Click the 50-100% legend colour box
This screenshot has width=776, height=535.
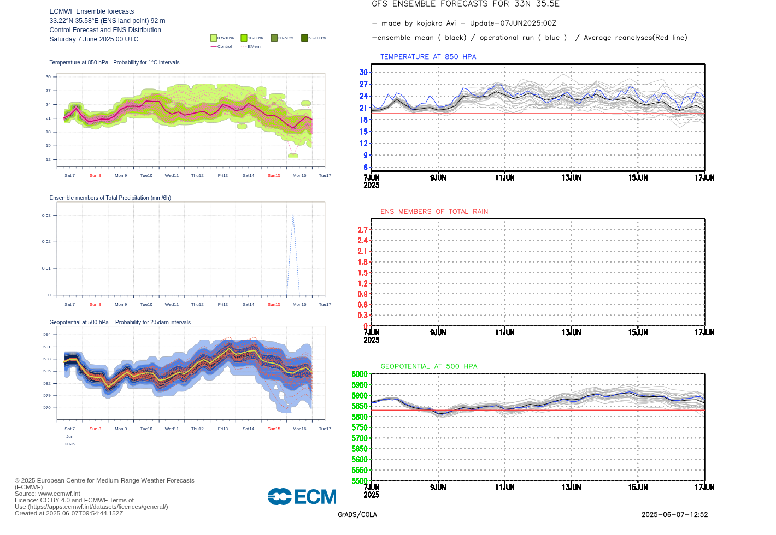pos(304,38)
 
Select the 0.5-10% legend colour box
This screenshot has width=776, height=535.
pos(214,38)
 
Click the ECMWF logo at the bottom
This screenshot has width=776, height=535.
pos(302,497)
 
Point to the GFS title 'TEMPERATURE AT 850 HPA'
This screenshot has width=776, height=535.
pos(428,57)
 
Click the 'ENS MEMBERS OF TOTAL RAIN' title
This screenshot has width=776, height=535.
pos(434,212)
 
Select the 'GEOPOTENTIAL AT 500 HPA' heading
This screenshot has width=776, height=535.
pos(428,367)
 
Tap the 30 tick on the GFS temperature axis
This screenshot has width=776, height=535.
pos(363,73)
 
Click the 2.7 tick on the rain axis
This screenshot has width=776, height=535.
pos(362,230)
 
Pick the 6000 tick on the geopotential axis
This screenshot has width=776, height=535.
pos(360,374)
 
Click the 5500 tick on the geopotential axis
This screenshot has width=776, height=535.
pos(360,481)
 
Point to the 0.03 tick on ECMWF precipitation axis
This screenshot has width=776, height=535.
pos(46,216)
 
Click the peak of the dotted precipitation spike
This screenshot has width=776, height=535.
pos(293,215)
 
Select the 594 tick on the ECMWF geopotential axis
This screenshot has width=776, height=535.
pos(47,335)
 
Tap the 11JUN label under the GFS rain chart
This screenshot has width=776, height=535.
pos(504,332)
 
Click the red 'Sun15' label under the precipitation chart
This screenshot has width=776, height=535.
pos(274,305)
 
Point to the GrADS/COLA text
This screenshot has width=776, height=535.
pos(357,515)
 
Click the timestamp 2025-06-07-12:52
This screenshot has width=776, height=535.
pos(674,515)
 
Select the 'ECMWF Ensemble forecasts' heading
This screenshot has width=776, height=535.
pos(91,11)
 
